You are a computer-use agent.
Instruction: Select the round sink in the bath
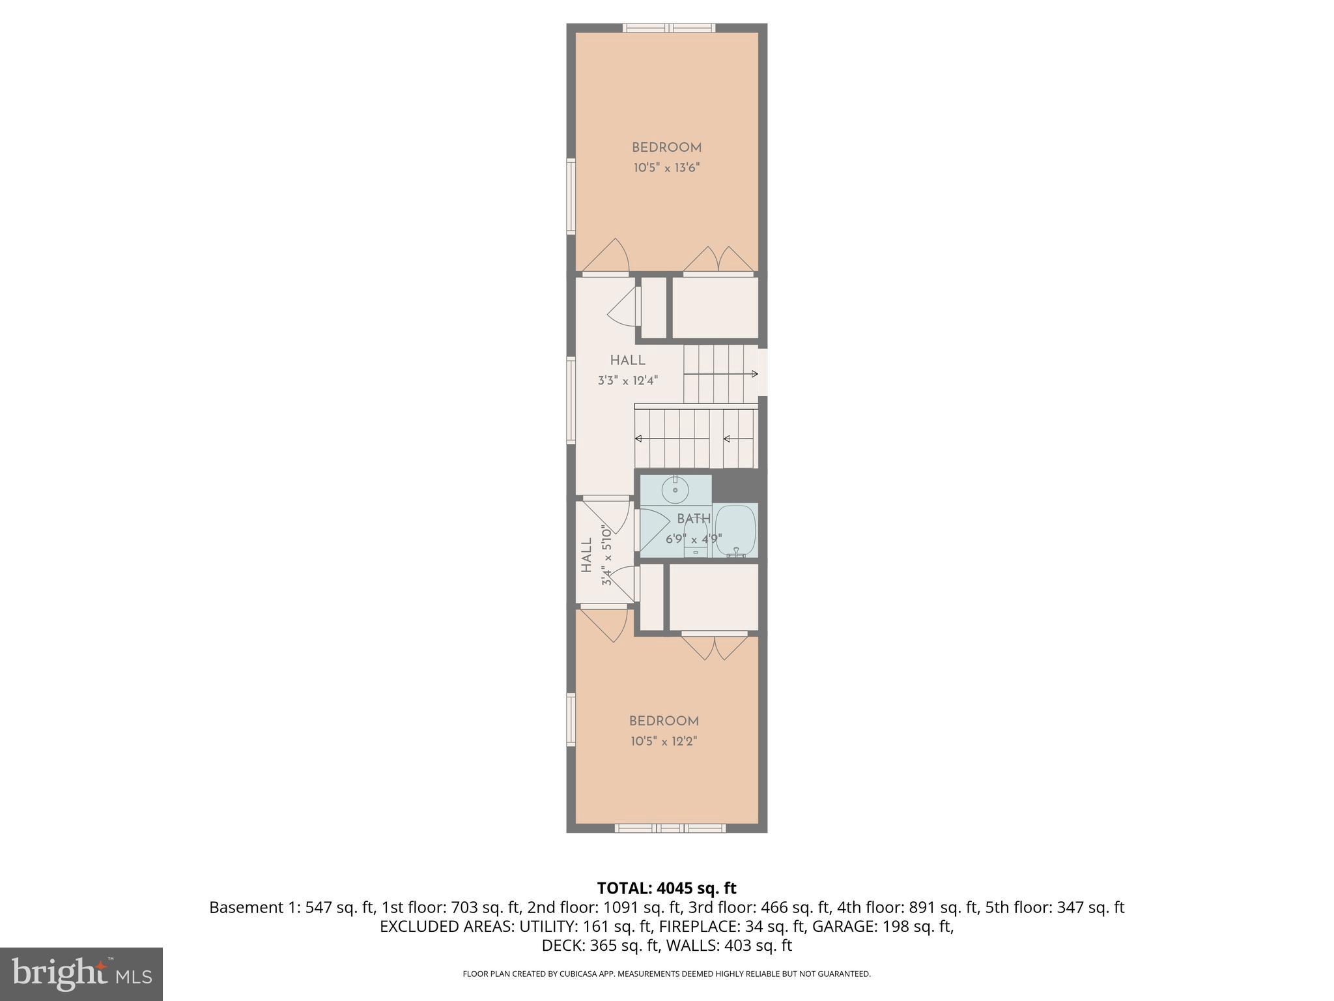pos(675,490)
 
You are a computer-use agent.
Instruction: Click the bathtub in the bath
pos(735,530)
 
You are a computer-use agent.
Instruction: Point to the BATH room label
pos(693,519)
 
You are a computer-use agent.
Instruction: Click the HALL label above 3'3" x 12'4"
pos(628,360)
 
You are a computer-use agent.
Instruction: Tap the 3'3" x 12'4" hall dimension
pos(628,381)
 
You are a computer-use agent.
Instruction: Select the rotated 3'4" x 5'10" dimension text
pos(607,555)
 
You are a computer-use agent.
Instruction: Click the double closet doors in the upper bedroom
pos(718,260)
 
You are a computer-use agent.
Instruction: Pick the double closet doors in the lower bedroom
pos(715,646)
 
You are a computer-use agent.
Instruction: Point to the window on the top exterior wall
pos(669,28)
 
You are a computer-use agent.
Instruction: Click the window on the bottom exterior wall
pos(670,828)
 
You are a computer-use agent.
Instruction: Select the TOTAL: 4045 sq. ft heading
pos(666,888)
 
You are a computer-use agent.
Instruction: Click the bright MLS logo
pos(81,974)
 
